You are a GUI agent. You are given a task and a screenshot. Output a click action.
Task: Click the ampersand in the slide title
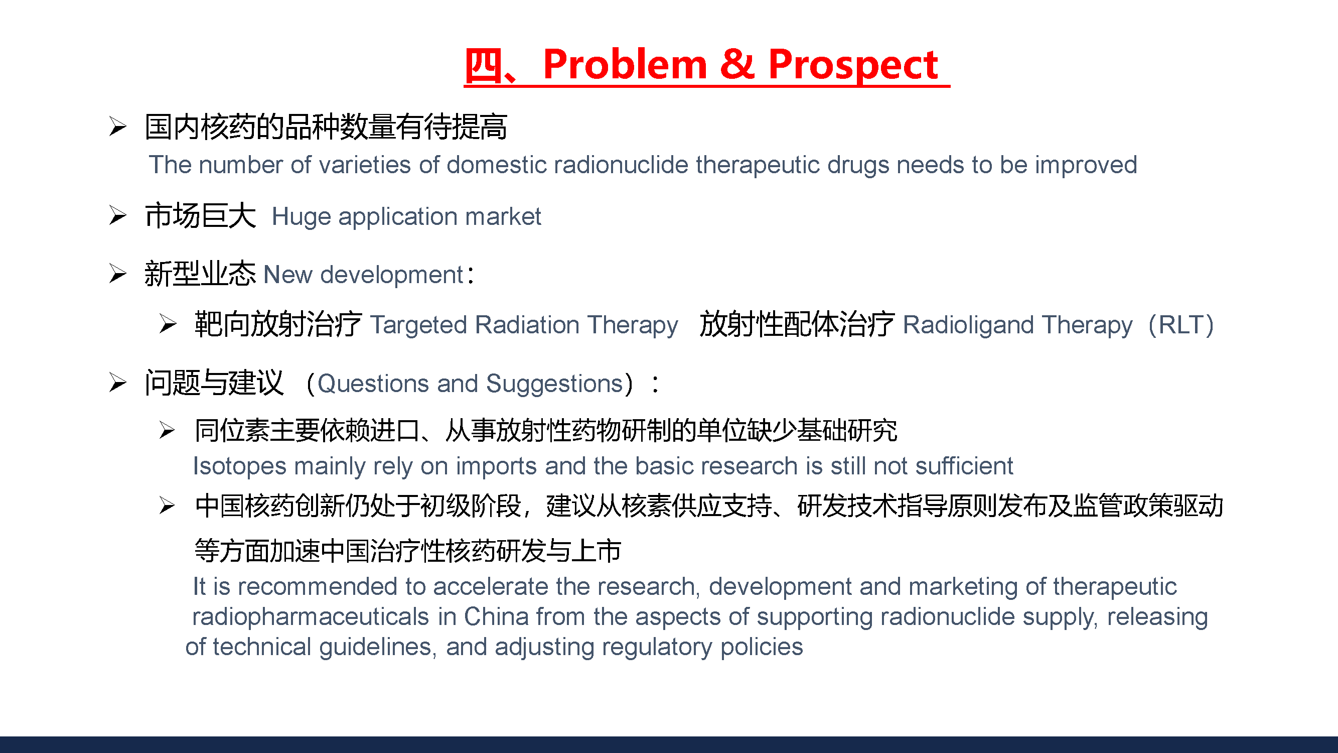click(x=737, y=64)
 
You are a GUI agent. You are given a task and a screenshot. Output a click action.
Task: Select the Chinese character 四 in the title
click(x=483, y=65)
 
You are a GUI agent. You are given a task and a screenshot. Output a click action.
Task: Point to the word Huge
click(x=301, y=217)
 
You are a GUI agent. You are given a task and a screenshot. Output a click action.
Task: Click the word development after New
click(x=392, y=276)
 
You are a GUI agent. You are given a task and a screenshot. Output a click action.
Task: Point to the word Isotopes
click(x=239, y=467)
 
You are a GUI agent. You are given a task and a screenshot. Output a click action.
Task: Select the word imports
click(x=497, y=467)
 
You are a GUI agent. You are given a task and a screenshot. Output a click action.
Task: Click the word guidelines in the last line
click(x=376, y=648)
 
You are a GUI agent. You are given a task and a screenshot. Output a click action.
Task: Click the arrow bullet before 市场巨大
click(x=118, y=216)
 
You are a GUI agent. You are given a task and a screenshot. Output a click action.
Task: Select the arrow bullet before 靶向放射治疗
click(x=168, y=324)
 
